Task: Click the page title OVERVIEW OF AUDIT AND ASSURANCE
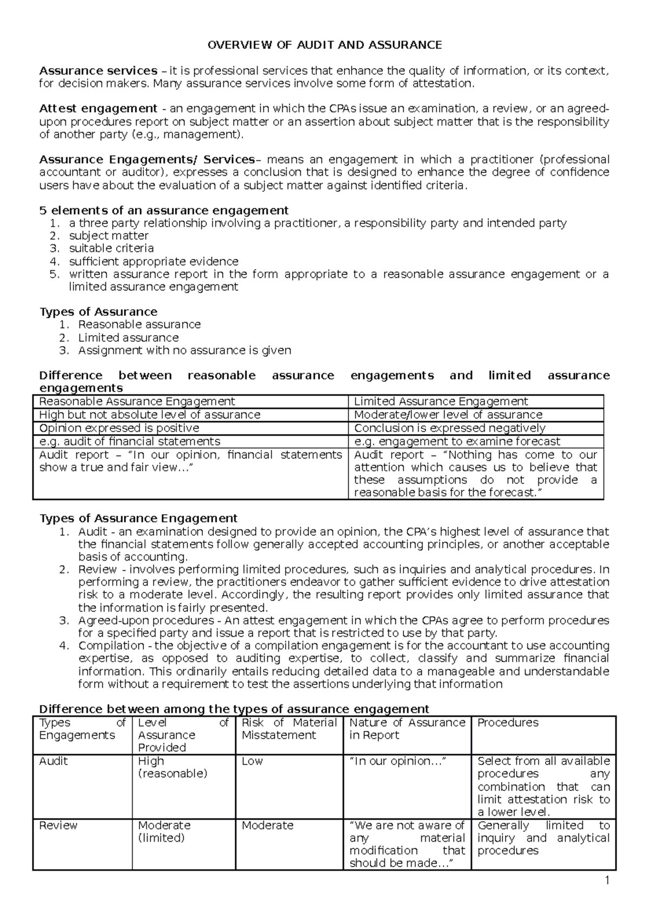tap(325, 45)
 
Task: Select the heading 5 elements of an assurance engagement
tap(164, 210)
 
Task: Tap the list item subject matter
tap(108, 236)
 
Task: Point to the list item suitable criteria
tap(111, 248)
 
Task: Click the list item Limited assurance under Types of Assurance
tap(128, 337)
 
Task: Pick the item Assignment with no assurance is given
tap(184, 350)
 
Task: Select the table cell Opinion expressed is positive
tap(119, 428)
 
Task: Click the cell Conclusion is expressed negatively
tap(449, 428)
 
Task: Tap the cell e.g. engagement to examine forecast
tap(457, 441)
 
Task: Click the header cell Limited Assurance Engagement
tap(441, 401)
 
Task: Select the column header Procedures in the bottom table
tap(508, 723)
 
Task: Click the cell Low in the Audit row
tap(252, 761)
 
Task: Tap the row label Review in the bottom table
tap(58, 826)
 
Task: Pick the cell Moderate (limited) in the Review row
tap(164, 831)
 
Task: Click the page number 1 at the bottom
tap(607, 881)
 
